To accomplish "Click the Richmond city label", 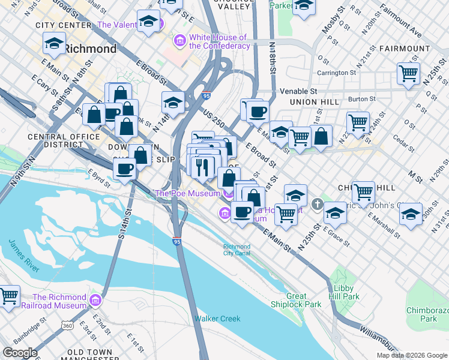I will (x=90, y=49).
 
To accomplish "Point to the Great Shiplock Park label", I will (x=304, y=300).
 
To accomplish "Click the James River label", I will (x=24, y=256).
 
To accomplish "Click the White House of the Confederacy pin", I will (x=179, y=41).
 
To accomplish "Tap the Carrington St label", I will (x=336, y=73).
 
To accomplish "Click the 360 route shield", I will (x=67, y=325).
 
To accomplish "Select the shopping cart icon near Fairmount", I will (x=408, y=73).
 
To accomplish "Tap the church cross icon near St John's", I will (x=317, y=211).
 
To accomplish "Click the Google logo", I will (x=20, y=353).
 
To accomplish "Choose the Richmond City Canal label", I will (x=237, y=250).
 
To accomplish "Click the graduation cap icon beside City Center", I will (x=54, y=43).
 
